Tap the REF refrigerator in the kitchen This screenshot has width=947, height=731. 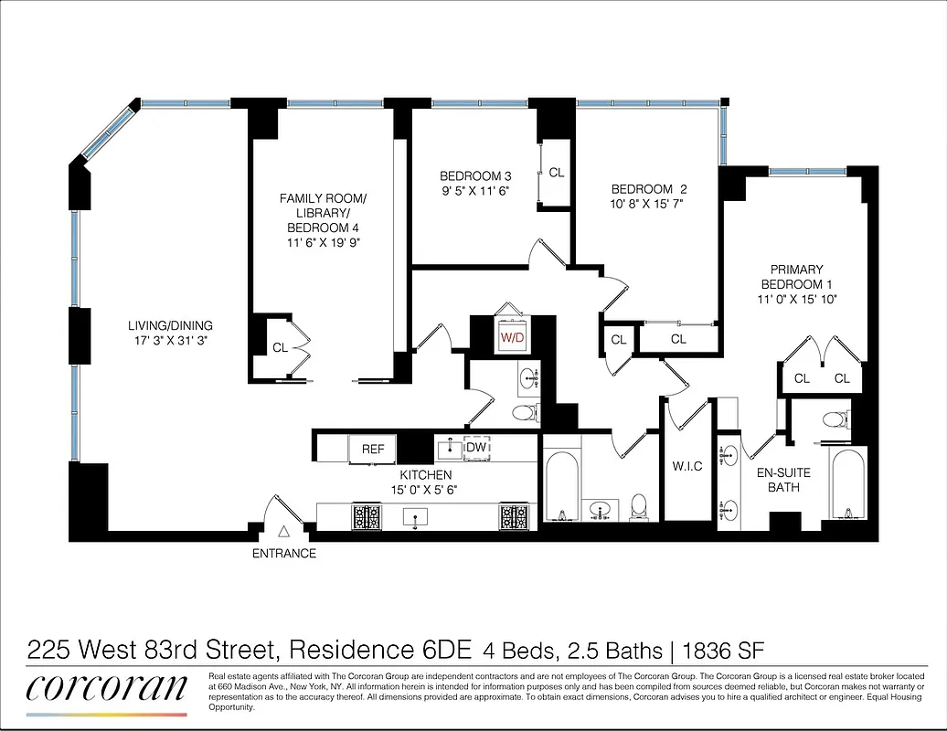373,449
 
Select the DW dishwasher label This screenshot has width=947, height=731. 475,448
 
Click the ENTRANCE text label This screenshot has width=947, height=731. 284,553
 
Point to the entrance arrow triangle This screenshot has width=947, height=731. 284,531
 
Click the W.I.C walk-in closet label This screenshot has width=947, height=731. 686,467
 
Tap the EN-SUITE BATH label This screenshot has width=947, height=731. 783,481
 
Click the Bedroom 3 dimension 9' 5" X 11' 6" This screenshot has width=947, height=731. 474,191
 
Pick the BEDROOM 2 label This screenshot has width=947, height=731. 648,190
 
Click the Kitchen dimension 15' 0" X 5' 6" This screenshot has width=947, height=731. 426,491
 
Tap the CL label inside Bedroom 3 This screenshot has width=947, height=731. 557,172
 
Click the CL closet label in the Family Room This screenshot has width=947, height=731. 280,347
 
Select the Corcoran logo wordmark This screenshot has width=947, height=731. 106,687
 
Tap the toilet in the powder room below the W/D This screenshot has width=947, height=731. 523,413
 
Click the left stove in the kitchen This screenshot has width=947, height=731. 367,517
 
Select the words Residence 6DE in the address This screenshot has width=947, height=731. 380,651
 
